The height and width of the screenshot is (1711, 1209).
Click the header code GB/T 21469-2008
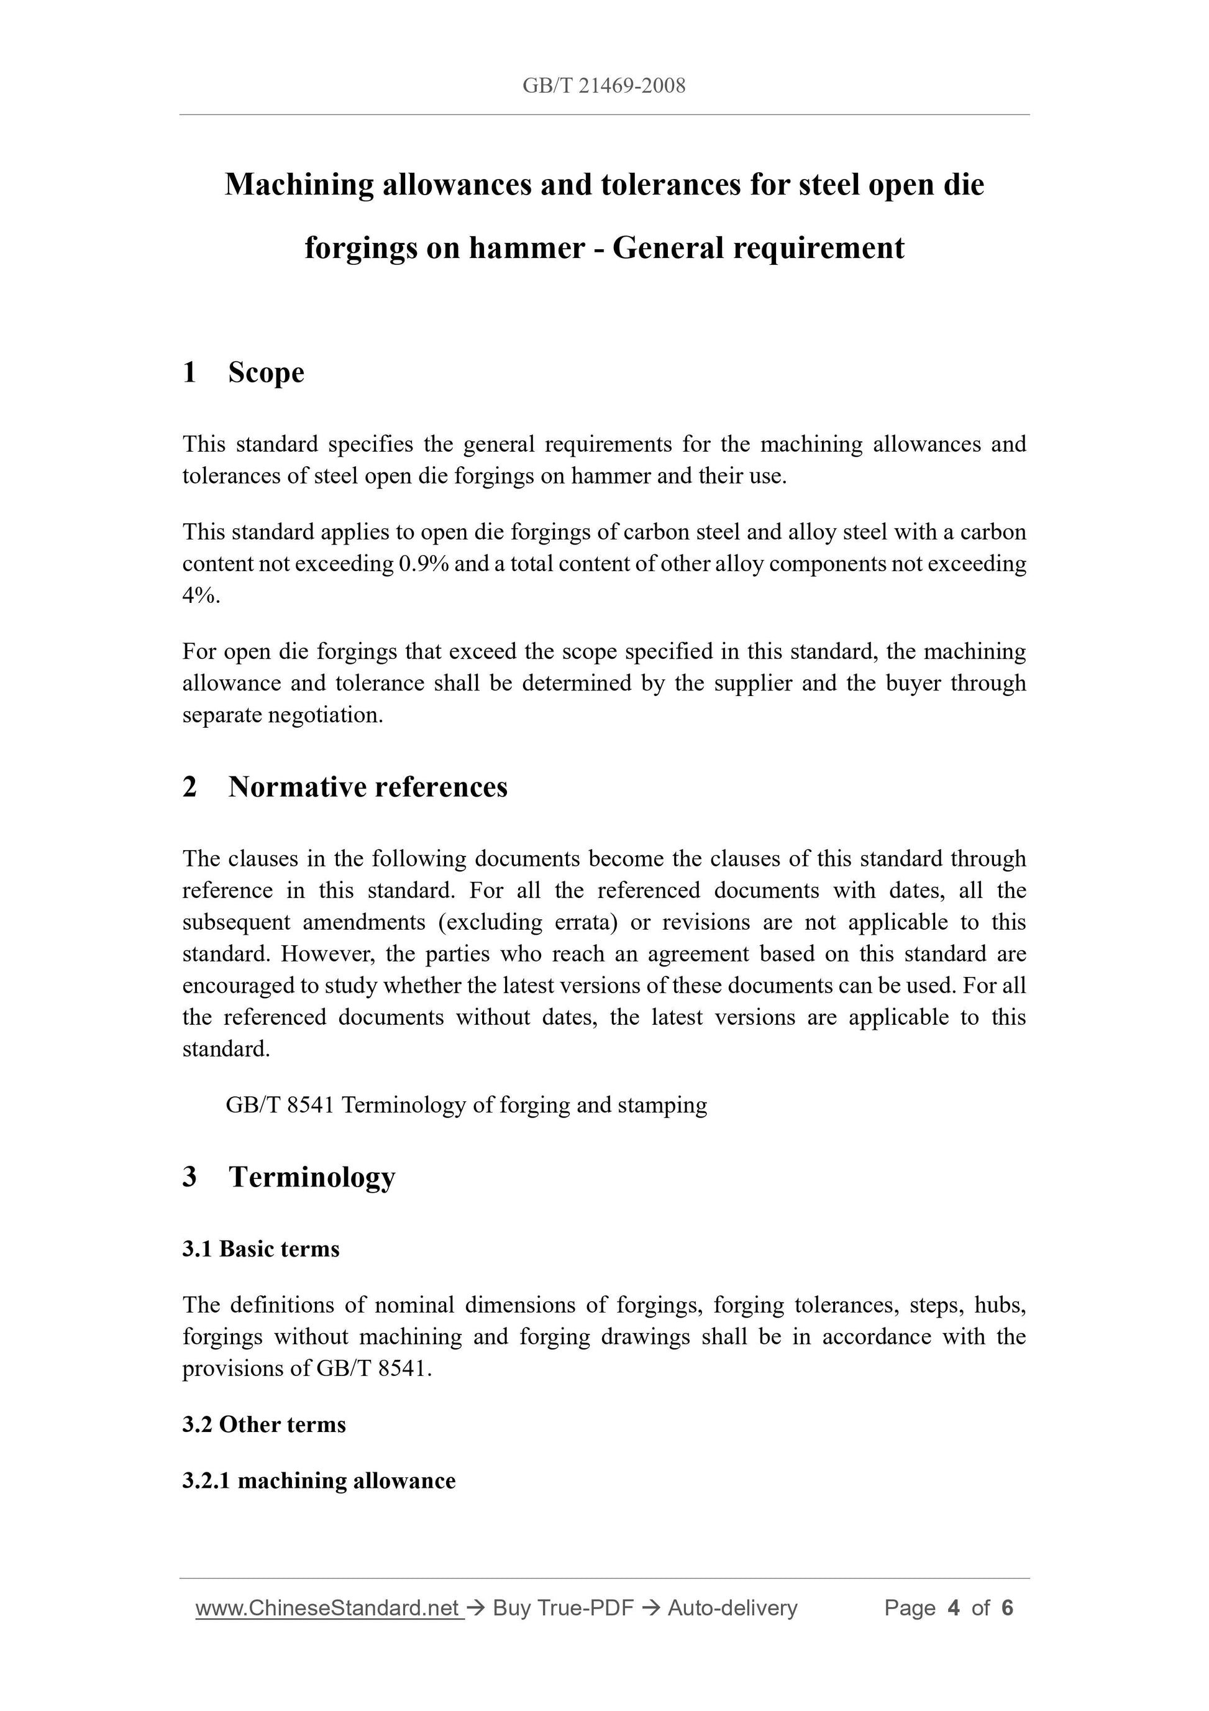pos(603,86)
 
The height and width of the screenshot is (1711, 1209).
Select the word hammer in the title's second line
pos(526,248)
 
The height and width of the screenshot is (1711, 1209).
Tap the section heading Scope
pos(266,373)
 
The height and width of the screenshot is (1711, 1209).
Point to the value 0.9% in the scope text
pos(423,564)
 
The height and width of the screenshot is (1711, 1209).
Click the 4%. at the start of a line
pos(201,596)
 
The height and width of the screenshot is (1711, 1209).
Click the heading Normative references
pos(367,787)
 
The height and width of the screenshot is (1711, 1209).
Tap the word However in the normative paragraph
pos(325,955)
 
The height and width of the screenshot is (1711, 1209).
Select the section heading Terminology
pos(311,1177)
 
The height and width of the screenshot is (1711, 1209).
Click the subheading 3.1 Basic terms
pos(261,1249)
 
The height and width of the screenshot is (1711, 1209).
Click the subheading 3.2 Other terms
pos(263,1425)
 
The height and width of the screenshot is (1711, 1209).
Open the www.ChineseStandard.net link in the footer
pos(328,1608)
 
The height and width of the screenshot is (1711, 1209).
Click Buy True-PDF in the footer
pos(562,1608)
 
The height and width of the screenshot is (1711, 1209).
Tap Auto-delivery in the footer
pos(732,1608)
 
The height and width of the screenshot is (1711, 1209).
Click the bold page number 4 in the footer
pos(954,1608)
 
